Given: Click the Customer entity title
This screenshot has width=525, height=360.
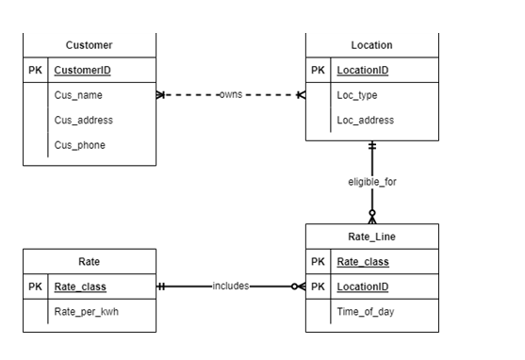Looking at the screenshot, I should pyautogui.click(x=90, y=45).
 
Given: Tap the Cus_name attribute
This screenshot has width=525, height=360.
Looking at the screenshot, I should pyautogui.click(x=78, y=95).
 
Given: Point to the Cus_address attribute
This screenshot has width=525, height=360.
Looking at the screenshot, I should pyautogui.click(x=84, y=120).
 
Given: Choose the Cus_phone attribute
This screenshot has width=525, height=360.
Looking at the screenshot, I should pyautogui.click(x=80, y=144).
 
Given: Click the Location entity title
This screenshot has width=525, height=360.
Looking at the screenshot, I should pyautogui.click(x=371, y=45).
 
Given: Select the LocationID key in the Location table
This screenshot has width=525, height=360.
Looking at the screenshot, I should pyautogui.click(x=363, y=71).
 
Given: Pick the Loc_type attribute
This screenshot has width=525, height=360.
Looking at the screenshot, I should pyautogui.click(x=358, y=95).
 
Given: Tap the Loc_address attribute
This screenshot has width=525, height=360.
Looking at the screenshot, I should pyautogui.click(x=366, y=120).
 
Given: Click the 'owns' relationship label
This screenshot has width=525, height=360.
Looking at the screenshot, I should pyautogui.click(x=231, y=95).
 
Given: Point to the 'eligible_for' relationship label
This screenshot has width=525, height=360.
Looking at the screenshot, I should pyautogui.click(x=372, y=182).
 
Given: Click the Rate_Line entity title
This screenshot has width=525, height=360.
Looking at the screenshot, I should pyautogui.click(x=371, y=237).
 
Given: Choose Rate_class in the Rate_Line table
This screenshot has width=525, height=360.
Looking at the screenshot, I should pyautogui.click(x=363, y=262).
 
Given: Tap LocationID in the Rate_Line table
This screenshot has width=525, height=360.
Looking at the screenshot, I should pyautogui.click(x=363, y=286).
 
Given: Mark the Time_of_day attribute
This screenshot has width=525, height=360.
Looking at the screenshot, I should pyautogui.click(x=366, y=311).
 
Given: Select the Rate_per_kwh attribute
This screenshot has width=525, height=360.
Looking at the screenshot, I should pyautogui.click(x=86, y=311).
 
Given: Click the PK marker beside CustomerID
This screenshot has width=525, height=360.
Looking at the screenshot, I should pyautogui.click(x=36, y=71).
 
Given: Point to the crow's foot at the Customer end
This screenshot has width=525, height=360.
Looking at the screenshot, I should pyautogui.click(x=161, y=95).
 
